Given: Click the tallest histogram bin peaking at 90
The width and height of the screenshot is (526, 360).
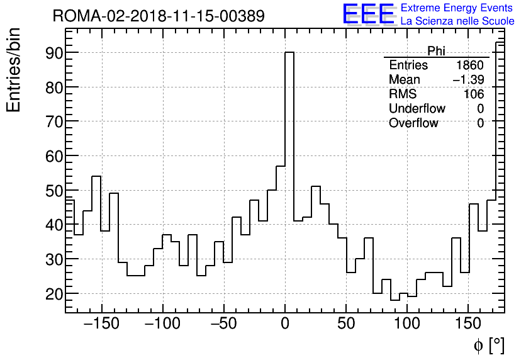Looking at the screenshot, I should [x=289, y=126].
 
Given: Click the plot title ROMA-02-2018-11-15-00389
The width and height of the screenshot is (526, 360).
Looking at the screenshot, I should [x=158, y=16].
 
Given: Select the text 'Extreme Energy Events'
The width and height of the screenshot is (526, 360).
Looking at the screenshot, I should [x=457, y=8].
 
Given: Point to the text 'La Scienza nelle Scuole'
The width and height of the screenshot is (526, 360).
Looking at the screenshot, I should [x=457, y=21].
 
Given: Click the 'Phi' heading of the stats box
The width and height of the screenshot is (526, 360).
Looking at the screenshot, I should [x=436, y=51].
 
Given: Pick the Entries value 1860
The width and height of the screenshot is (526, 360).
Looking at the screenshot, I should [x=470, y=65].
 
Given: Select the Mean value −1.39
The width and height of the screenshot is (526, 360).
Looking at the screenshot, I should [x=468, y=80].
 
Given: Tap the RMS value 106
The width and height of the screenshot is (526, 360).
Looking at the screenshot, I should [x=473, y=94].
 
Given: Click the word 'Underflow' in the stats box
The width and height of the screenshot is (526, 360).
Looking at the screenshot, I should [x=417, y=109].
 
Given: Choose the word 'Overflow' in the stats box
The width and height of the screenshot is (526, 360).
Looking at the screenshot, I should [x=413, y=123].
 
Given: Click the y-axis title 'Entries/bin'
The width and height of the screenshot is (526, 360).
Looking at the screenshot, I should [x=13, y=70].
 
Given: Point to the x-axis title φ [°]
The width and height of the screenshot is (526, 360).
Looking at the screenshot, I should [x=489, y=345].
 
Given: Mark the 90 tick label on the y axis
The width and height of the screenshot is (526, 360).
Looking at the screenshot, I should [x=53, y=53].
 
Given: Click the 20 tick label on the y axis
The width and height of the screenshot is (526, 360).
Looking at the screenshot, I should [x=53, y=294].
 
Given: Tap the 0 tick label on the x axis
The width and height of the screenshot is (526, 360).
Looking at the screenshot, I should [x=285, y=325].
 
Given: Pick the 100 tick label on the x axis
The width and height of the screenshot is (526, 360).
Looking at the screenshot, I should [x=407, y=325].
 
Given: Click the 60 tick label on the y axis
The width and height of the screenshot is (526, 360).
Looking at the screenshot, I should [x=53, y=156].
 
